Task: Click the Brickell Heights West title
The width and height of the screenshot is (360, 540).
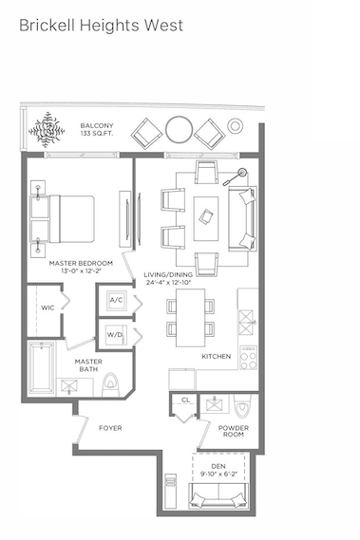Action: [101, 26]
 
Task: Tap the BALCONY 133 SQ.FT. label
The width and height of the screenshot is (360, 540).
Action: [97, 129]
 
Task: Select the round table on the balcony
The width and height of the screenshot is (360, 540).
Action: [179, 129]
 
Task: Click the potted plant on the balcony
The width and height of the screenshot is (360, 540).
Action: [47, 130]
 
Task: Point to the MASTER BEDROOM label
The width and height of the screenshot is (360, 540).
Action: [81, 263]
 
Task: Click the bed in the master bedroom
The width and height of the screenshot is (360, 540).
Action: [63, 219]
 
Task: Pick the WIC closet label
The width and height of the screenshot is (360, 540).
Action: [47, 307]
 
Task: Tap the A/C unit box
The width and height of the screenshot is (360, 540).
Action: [116, 301]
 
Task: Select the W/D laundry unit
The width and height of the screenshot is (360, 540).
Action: [116, 335]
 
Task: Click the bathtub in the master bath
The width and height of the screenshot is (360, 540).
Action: [42, 367]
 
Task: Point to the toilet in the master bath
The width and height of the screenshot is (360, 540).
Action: [110, 384]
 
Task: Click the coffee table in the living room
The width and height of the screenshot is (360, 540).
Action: [206, 218]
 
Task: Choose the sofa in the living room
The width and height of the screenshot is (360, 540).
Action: [243, 218]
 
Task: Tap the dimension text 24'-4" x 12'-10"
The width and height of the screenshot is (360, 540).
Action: [168, 283]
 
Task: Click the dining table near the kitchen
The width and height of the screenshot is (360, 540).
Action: [190, 318]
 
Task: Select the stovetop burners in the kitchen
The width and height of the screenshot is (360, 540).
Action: [249, 358]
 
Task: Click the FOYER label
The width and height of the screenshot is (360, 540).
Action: [110, 428]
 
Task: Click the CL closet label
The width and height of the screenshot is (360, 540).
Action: [185, 400]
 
